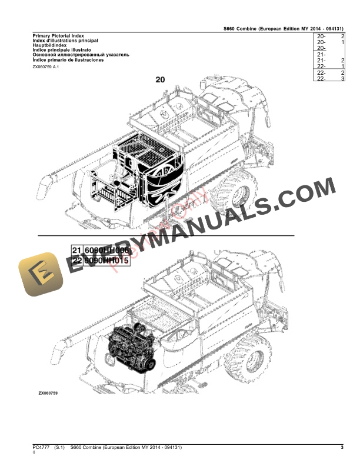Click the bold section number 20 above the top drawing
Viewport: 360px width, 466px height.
point(160,79)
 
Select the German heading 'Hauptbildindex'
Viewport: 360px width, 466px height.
point(50,44)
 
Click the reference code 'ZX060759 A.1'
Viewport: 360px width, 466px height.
point(46,67)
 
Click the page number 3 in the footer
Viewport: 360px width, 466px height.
point(342,448)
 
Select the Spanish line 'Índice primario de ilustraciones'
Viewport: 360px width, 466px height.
point(68,60)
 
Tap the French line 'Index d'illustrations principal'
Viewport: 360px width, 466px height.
point(65,40)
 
